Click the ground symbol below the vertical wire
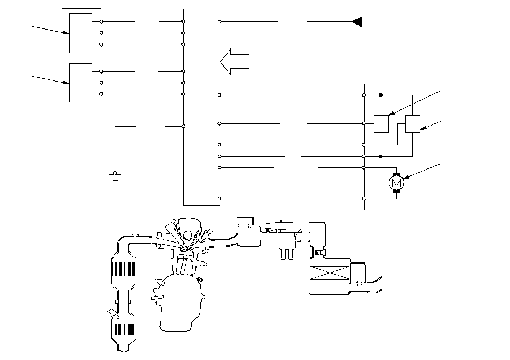(115, 177)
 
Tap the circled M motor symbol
(396, 183)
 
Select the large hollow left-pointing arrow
(235, 61)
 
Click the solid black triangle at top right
(357, 22)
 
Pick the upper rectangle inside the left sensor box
(81, 33)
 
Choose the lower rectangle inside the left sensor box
(81, 83)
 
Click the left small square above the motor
(381, 124)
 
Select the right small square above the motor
(413, 124)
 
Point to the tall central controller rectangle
(201, 107)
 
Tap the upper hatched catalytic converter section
(123, 269)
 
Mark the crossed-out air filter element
(330, 273)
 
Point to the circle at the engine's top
(187, 234)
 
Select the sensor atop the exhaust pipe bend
(135, 234)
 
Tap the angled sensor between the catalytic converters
(113, 313)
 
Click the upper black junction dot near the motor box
(381, 95)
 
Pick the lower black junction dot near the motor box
(381, 156)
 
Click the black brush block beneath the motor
(396, 192)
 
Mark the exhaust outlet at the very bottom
(123, 350)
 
